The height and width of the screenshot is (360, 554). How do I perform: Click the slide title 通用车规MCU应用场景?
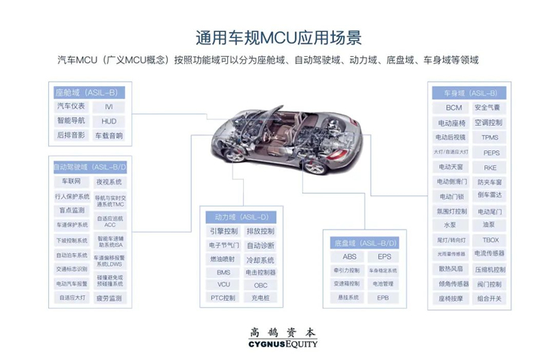tap(277, 37)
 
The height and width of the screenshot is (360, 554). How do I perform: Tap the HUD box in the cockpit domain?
tap(108, 121)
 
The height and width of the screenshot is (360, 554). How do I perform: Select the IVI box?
tap(108, 107)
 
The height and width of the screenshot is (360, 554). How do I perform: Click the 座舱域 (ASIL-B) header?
tap(89, 93)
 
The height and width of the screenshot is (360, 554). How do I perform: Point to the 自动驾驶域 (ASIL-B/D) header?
tap(90, 168)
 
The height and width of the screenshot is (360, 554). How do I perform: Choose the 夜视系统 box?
tap(109, 182)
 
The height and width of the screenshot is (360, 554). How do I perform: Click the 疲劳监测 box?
tap(109, 298)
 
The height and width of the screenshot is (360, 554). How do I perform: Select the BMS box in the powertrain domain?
tap(223, 271)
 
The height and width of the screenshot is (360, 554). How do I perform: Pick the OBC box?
tap(260, 285)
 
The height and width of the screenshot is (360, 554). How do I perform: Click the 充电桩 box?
tap(260, 298)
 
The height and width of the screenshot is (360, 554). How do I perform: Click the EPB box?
tap(383, 297)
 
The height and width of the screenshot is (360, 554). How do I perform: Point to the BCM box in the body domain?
tap(453, 108)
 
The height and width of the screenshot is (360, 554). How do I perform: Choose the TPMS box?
tap(490, 138)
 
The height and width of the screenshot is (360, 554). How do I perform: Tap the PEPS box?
tap(491, 153)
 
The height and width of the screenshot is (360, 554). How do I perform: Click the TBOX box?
tap(491, 240)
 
